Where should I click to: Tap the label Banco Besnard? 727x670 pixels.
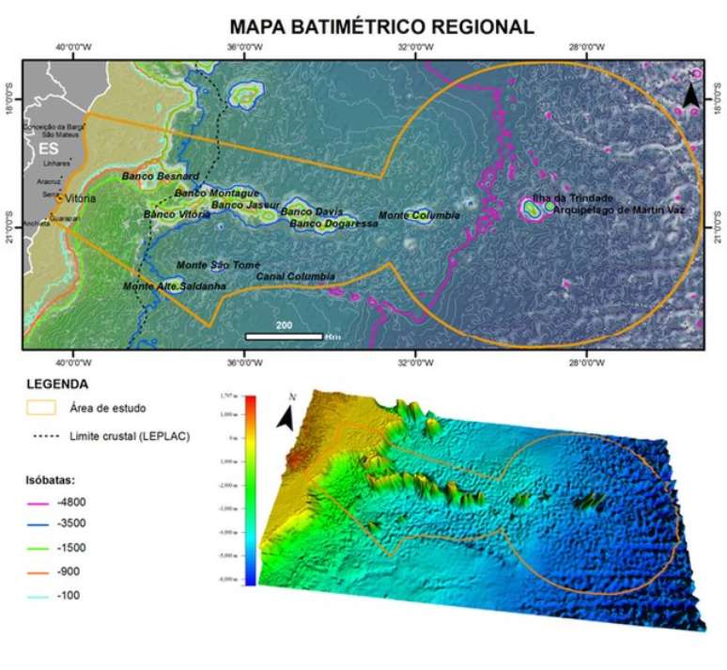point(160,177)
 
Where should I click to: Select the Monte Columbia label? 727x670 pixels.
point(419,216)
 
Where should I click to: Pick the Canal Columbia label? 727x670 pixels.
point(295,276)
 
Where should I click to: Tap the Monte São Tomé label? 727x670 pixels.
point(218,265)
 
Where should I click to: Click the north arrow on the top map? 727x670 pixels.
point(689,95)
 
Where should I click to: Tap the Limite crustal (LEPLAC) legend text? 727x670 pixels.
point(130,436)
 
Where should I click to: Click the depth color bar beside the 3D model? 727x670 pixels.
point(250,490)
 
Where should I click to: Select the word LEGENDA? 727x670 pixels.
point(57,384)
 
